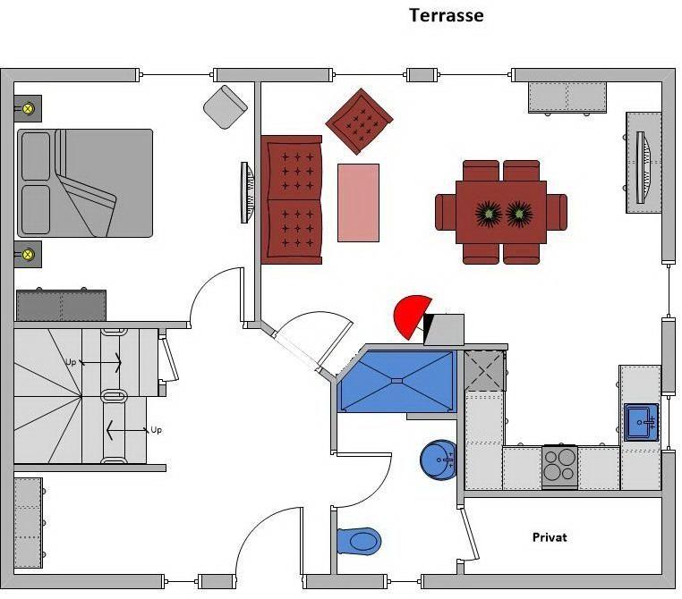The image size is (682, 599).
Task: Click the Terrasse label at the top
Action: (447, 15)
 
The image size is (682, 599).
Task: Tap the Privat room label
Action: (550, 537)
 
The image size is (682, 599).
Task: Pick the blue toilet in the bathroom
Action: (360, 540)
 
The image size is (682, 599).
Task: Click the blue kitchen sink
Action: (641, 421)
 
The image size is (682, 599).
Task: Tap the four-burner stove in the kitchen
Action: (559, 465)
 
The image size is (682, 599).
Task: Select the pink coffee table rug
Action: (358, 202)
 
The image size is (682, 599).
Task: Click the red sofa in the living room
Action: (292, 200)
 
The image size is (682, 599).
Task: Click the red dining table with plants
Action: (501, 212)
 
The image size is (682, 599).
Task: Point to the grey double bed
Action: (85, 183)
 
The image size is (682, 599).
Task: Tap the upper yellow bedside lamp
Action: (28, 109)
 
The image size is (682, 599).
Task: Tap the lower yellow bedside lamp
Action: (28, 253)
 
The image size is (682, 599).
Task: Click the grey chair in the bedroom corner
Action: (225, 106)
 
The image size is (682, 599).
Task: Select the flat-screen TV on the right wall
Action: (641, 166)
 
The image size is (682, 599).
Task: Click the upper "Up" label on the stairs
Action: (71, 362)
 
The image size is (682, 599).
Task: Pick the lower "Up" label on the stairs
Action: (156, 430)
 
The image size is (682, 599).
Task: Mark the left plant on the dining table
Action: (489, 213)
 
